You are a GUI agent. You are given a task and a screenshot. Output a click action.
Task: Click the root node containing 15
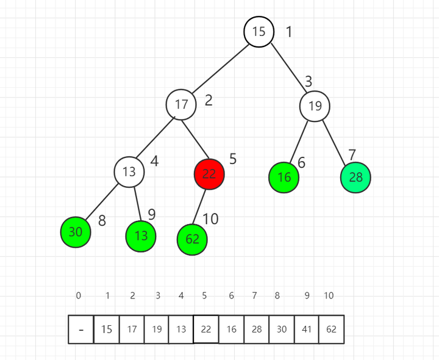(259, 32)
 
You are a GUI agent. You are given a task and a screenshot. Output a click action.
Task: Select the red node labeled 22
(209, 173)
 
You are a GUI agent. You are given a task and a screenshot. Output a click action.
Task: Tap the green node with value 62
(192, 239)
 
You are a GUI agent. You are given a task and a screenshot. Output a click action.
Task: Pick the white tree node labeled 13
(129, 172)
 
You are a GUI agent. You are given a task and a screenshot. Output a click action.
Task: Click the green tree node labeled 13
(141, 236)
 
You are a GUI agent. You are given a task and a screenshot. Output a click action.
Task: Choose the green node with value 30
(76, 232)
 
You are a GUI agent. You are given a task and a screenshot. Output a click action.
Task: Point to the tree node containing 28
(355, 178)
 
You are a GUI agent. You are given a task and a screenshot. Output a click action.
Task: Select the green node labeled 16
(284, 178)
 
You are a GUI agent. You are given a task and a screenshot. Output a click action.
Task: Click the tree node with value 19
(315, 106)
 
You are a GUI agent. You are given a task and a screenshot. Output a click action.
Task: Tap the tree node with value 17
(181, 104)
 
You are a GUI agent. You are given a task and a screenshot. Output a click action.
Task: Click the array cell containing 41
(306, 329)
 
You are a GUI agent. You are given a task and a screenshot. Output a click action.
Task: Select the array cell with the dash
(81, 329)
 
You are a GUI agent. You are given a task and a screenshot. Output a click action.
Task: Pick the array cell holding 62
(331, 329)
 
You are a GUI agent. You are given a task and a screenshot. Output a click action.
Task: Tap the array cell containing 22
(206, 329)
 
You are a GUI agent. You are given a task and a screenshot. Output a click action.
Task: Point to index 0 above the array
(78, 296)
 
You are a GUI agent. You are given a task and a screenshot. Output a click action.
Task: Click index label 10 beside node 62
(210, 218)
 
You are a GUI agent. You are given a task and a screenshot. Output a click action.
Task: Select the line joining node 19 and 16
(299, 142)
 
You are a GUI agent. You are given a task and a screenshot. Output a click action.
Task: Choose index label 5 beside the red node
(233, 159)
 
